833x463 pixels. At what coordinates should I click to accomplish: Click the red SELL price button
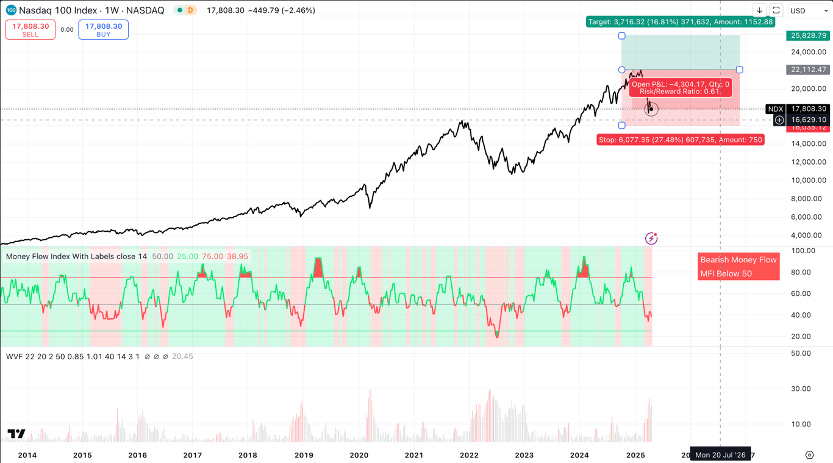click(30, 29)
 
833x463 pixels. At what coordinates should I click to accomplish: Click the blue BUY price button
click(103, 29)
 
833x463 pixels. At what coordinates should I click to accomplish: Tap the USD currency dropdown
click(808, 10)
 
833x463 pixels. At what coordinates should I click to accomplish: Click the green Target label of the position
click(680, 22)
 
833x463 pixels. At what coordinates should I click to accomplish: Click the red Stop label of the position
click(680, 140)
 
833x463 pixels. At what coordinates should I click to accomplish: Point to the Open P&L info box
click(680, 88)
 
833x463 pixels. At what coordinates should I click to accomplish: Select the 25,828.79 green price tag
click(808, 36)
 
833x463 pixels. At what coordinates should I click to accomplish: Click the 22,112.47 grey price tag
click(808, 70)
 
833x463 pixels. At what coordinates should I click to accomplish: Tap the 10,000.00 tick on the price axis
click(809, 180)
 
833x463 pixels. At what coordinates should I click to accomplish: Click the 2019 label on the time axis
click(304, 455)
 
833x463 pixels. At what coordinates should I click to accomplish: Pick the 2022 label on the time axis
click(469, 455)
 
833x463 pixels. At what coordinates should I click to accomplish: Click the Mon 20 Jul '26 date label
click(720, 455)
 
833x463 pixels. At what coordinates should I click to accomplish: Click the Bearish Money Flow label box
click(738, 267)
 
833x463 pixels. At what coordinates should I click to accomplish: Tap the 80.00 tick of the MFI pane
click(803, 272)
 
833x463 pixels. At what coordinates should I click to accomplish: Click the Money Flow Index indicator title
click(76, 256)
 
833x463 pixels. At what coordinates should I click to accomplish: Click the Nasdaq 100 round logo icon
click(11, 10)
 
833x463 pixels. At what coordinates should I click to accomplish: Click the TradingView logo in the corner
click(16, 434)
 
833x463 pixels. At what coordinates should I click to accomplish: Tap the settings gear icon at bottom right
click(809, 455)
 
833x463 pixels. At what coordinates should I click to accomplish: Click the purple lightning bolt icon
click(651, 239)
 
